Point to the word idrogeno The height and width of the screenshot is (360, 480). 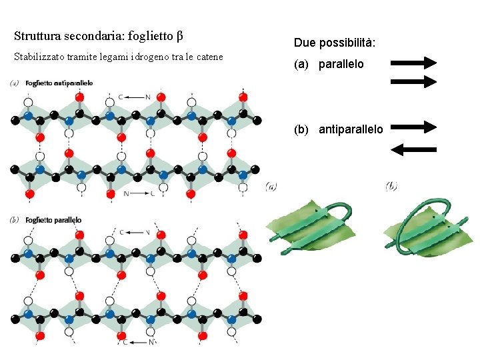click(151, 57)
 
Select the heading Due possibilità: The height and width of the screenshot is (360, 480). click(334, 43)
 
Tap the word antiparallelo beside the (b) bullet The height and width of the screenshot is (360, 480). click(351, 129)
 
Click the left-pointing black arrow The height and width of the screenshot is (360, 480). click(413, 149)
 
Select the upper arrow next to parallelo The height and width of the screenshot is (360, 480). click(413, 63)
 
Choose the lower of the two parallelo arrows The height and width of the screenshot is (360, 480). click(413, 81)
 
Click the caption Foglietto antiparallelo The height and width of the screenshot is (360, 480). click(59, 83)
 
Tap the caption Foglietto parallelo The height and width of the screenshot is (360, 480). click(53, 220)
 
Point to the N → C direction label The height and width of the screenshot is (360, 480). click(139, 193)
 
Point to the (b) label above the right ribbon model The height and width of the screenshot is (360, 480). click(391, 186)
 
